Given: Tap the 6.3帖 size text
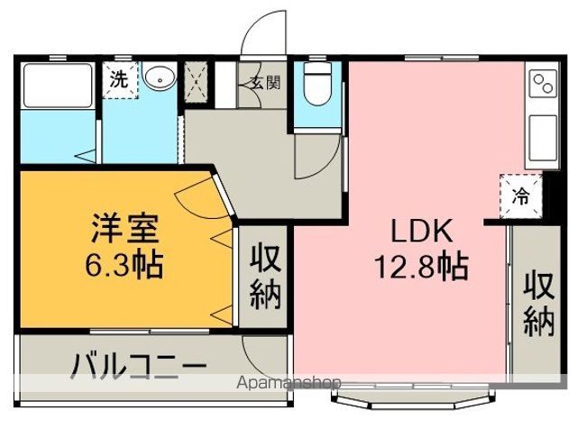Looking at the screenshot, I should click(125, 266).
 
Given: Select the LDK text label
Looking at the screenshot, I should click(420, 232).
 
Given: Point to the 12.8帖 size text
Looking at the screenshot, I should click(420, 267).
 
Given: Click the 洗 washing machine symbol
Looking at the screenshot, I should click(119, 77).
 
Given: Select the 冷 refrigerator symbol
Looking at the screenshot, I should click(521, 192).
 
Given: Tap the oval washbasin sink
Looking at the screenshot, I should click(160, 78).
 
